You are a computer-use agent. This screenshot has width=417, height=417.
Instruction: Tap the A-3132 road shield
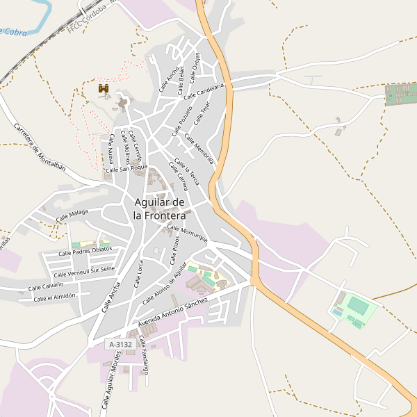pyautogui.click(x=120, y=344)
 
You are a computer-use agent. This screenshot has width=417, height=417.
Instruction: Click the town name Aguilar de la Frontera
pyautogui.click(x=159, y=208)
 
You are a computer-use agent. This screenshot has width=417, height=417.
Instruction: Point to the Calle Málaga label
pyautogui.click(x=72, y=217)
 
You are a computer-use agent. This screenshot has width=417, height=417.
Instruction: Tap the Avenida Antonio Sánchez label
pyautogui.click(x=173, y=313)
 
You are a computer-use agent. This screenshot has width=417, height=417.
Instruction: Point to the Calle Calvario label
pyautogui.click(x=45, y=286)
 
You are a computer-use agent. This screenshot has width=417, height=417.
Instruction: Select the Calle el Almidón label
pyautogui.click(x=54, y=297)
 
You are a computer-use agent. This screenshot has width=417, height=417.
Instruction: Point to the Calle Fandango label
pyautogui.click(x=144, y=355)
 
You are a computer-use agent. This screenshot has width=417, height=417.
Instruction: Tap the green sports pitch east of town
pyautogui.click(x=359, y=306)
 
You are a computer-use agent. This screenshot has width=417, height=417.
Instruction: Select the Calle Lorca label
pyautogui.click(x=139, y=273)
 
